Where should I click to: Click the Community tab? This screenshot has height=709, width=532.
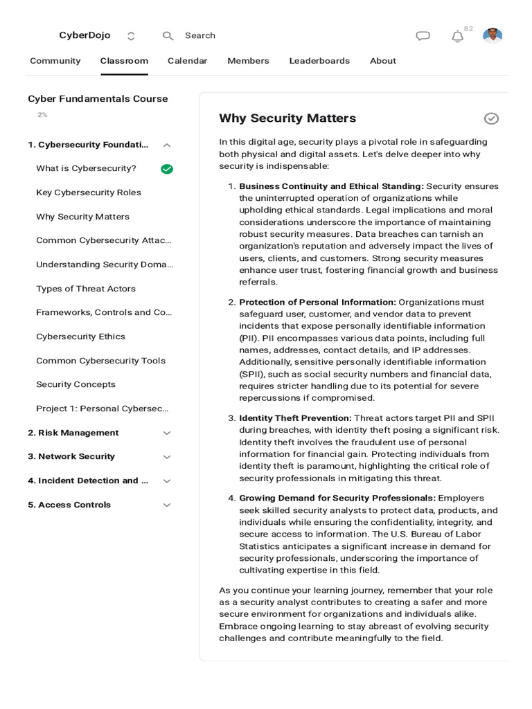click(x=55, y=61)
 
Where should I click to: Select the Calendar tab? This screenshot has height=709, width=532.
click(x=187, y=61)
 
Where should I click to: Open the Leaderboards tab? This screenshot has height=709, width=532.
click(x=319, y=61)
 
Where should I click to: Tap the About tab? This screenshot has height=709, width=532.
click(x=382, y=61)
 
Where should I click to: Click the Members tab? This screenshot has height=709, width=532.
click(x=248, y=61)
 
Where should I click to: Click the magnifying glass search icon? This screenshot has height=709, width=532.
click(x=168, y=36)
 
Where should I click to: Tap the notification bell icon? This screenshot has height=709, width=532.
click(x=457, y=37)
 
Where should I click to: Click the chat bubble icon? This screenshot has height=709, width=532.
click(x=423, y=36)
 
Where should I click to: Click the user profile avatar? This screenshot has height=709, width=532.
click(x=493, y=36)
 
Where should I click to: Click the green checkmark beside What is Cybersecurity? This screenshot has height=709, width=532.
click(x=167, y=169)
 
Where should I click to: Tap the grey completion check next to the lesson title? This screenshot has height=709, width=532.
click(x=491, y=118)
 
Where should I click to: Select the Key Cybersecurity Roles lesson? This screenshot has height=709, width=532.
click(x=89, y=192)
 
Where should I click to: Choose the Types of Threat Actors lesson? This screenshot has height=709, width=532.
click(x=86, y=289)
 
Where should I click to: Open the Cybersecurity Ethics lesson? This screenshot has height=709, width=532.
click(x=80, y=336)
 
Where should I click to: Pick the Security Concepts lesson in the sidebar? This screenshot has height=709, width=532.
click(x=76, y=384)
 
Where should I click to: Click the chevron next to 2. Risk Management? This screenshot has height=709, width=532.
click(x=166, y=433)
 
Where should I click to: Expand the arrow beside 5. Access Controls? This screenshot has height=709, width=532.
click(x=166, y=505)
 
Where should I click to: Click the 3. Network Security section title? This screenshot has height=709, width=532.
click(x=71, y=457)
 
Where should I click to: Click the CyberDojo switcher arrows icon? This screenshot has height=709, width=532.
click(x=131, y=36)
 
